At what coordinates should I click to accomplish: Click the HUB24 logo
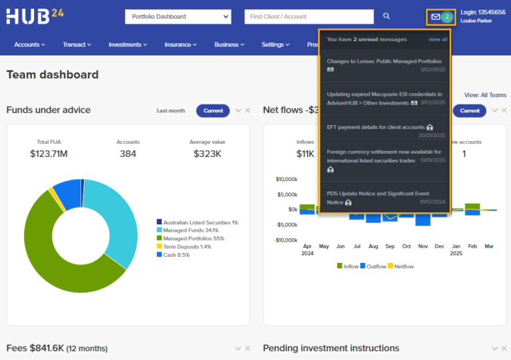(x=35, y=15)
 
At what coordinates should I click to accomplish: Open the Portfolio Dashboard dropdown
(x=178, y=17)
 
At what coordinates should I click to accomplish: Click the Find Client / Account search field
(x=309, y=17)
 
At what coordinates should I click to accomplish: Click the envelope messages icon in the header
(x=436, y=17)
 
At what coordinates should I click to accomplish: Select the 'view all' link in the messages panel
(x=437, y=39)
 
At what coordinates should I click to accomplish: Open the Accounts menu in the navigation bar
(x=29, y=45)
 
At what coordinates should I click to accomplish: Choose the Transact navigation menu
(x=77, y=45)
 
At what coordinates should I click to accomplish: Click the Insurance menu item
(x=180, y=45)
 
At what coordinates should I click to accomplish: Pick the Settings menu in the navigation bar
(x=275, y=45)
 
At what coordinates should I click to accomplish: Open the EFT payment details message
(x=376, y=126)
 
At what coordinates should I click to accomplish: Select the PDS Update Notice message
(x=378, y=194)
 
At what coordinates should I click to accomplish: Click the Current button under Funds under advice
(x=213, y=110)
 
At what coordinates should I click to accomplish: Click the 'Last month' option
(x=171, y=110)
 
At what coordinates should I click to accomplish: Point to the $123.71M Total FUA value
(x=49, y=154)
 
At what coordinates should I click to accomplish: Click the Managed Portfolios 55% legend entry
(x=193, y=238)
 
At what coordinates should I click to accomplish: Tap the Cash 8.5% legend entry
(x=176, y=254)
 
